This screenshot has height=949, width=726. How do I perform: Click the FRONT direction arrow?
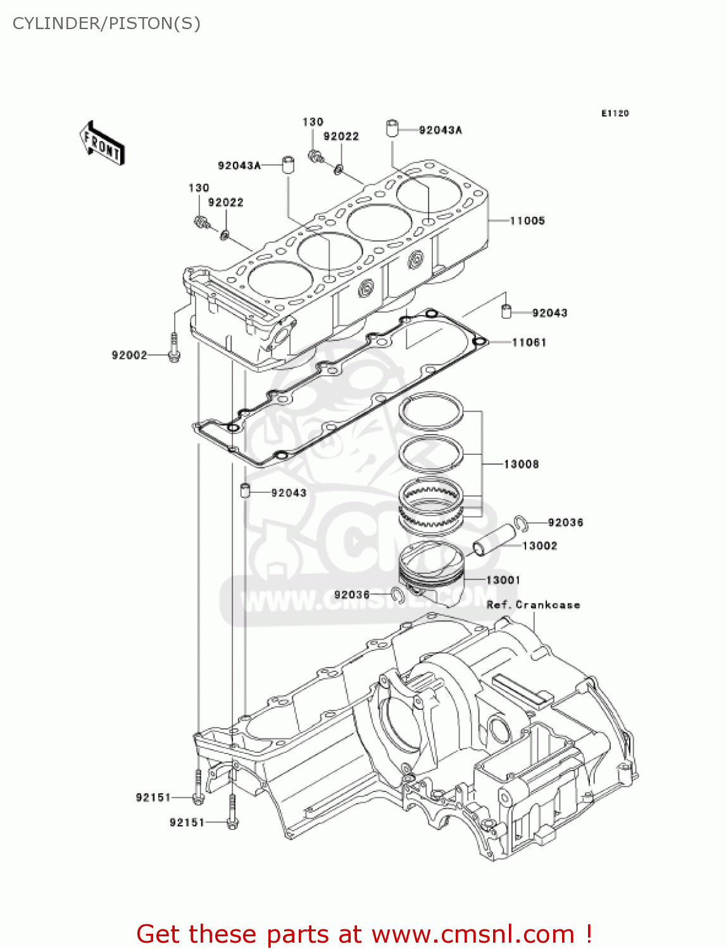pos(102,143)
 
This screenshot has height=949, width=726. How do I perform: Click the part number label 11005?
pos(527,221)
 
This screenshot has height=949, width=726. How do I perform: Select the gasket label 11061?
pos(529,342)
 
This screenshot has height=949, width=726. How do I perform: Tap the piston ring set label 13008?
pos(521,464)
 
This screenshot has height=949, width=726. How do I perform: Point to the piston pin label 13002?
pos(539,546)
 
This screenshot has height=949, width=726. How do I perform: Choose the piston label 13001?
pos(503,580)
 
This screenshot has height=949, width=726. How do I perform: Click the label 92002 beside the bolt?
pos(129,356)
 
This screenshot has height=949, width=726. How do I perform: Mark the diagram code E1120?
pos(615,113)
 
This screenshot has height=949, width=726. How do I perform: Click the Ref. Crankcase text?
pos(533,605)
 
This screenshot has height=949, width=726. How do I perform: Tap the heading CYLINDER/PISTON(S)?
pos(106,23)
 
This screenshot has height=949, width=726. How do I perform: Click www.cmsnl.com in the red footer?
pos(472,934)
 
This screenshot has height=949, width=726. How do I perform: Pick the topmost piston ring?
pos(432,411)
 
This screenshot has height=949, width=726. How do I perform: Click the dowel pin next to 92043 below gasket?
pos(245,490)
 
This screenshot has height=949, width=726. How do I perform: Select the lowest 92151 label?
pos(187,822)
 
